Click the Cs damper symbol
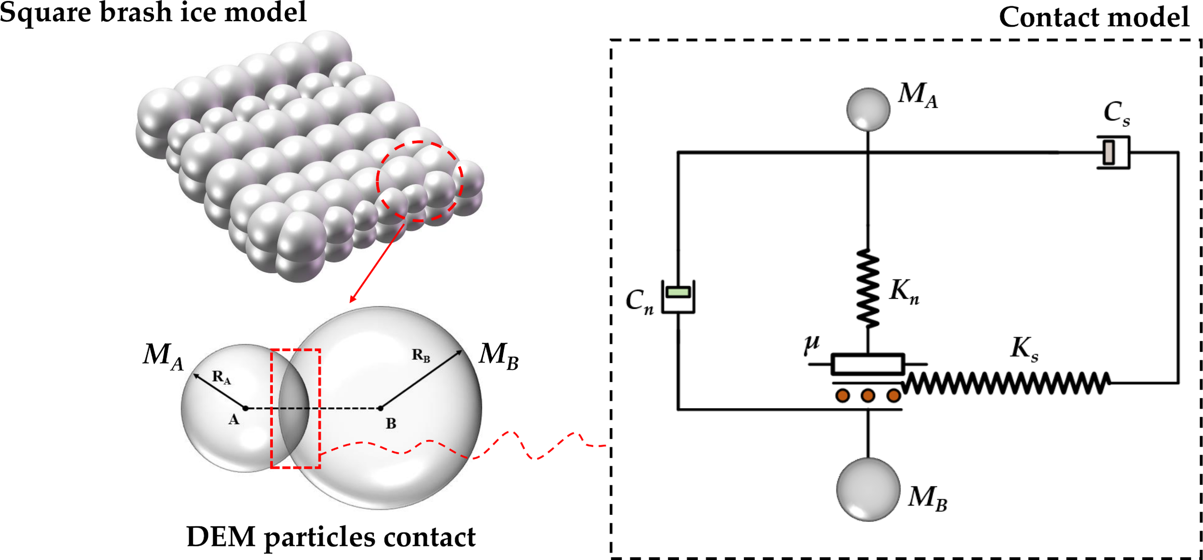[x=1113, y=152]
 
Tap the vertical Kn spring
[x=868, y=288]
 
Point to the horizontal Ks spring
[x=1006, y=383]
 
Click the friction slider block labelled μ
[x=868, y=365]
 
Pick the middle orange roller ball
[x=868, y=396]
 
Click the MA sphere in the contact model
[x=868, y=109]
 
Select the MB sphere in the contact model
[x=868, y=490]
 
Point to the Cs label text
[x=1116, y=114]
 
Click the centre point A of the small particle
[x=245, y=408]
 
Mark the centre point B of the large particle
[x=380, y=408]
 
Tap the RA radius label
[x=221, y=378]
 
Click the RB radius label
[x=421, y=356]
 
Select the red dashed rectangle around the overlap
[x=295, y=351]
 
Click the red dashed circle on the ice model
[x=420, y=143]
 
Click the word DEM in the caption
[x=221, y=537]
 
